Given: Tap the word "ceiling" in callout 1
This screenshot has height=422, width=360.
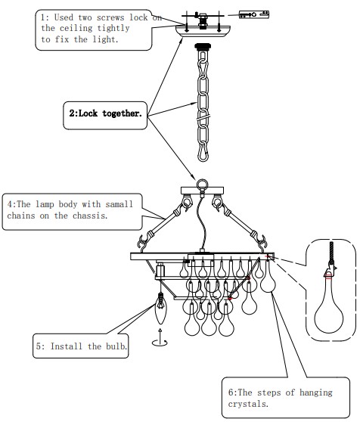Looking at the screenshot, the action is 76,28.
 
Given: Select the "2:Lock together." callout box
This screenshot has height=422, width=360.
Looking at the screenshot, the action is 105,116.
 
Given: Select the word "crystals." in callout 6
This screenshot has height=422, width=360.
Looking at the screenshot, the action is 248,404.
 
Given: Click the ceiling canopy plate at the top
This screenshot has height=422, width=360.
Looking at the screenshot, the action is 203,30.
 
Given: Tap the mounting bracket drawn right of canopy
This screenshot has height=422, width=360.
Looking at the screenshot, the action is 254,14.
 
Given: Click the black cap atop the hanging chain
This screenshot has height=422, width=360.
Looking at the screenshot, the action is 203,48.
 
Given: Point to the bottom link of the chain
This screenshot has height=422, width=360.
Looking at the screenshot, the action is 203,154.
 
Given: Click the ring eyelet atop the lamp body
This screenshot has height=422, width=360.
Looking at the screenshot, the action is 202,185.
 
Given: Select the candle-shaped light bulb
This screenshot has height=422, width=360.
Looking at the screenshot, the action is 161,308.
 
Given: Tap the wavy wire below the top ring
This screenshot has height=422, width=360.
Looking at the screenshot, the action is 203,223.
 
